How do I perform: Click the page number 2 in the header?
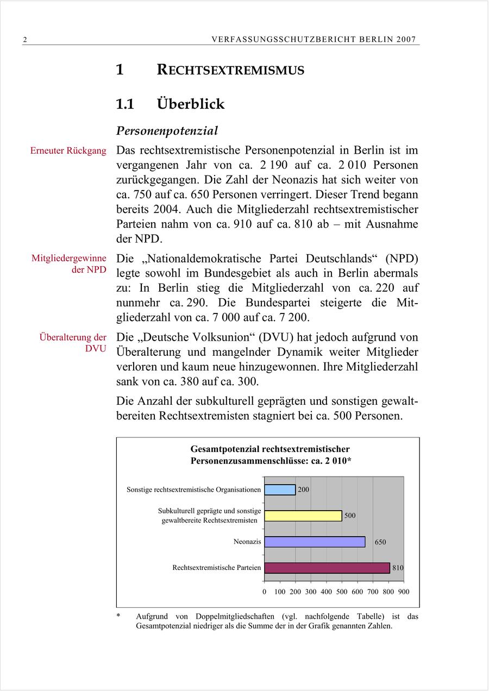point(25,40)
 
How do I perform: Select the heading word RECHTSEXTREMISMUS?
point(230,70)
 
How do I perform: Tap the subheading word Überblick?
point(191,104)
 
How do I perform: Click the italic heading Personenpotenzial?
point(167,131)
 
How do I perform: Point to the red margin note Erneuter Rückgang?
point(68,150)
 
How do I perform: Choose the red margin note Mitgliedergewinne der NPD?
point(69,264)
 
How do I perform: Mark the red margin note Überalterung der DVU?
point(73,343)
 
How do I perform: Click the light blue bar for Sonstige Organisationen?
point(280,489)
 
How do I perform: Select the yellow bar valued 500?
point(303,516)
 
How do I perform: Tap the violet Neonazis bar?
point(315,542)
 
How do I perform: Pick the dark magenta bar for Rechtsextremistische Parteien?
point(327,568)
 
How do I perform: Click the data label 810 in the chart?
point(398,568)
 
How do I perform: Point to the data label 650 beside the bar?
point(380,542)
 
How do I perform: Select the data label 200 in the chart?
point(303,489)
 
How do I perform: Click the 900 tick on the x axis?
point(404,592)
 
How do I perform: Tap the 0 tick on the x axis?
point(265,592)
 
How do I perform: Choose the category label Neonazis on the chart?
point(247,542)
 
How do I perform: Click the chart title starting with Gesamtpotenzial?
point(270,455)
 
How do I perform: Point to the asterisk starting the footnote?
point(118,617)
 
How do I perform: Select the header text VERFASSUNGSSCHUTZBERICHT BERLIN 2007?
point(314,40)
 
